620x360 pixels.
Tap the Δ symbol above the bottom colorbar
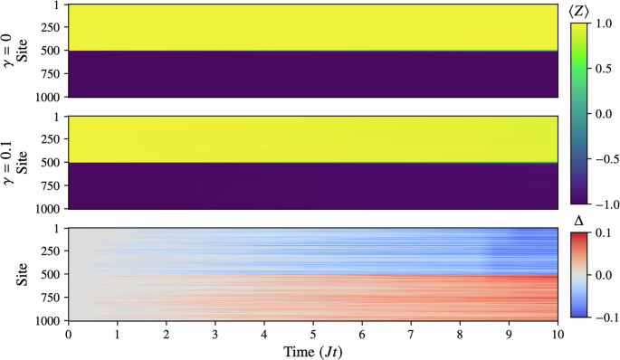tap(581, 220)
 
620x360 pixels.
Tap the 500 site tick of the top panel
tap(50, 51)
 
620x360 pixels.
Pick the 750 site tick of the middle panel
tap(50, 186)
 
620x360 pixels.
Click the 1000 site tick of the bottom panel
tap(47, 320)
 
